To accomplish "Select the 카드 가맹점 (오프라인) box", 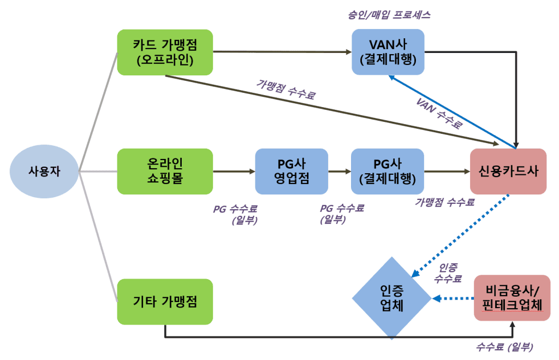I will [165, 52].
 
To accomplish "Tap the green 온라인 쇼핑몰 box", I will [165, 171].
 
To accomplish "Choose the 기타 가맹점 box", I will [165, 301].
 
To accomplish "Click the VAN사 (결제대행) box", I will [388, 52].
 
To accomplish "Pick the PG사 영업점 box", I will [292, 171].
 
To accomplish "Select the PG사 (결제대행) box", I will [388, 171].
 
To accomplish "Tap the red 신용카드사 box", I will [508, 171].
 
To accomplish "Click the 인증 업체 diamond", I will [391, 299].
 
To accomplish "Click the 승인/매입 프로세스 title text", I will [389, 15].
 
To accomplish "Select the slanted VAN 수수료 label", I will [439, 113].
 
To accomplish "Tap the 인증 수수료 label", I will [448, 273].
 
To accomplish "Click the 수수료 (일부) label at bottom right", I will [504, 347].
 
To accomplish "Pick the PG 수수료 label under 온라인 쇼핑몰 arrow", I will [235, 214].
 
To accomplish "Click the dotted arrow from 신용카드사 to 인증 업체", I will [461, 235].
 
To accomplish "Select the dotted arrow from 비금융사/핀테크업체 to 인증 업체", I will [453, 299].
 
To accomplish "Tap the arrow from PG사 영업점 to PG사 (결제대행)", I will [340, 171].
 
